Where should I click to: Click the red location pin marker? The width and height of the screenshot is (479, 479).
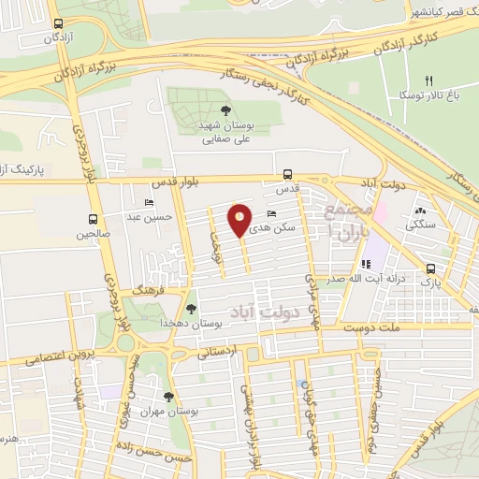(x=239, y=221)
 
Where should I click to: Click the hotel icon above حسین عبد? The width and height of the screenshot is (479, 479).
(x=150, y=203)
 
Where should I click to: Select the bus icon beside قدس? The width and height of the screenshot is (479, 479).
(x=287, y=173)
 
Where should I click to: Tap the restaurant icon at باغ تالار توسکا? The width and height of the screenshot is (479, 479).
(x=429, y=80)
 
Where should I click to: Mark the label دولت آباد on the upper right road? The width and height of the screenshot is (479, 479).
(x=385, y=186)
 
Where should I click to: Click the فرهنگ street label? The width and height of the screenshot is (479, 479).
(x=148, y=292)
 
